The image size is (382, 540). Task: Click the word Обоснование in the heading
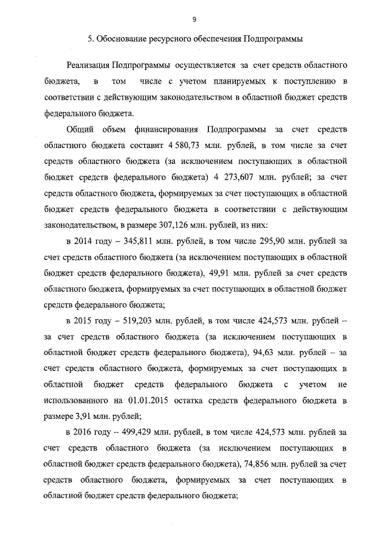pyautogui.click(x=123, y=39)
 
